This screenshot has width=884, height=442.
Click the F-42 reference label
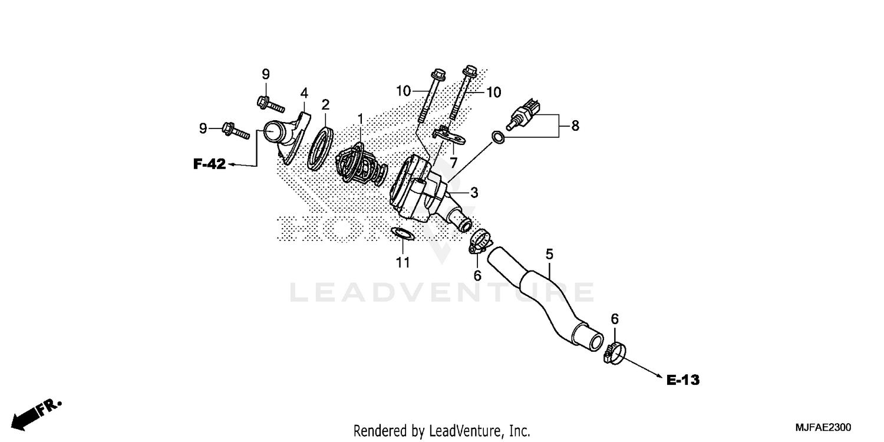coord(209,164)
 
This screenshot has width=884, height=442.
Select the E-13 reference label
coord(683,380)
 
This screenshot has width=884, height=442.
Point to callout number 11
coord(403,262)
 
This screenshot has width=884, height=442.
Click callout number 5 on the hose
coord(549,255)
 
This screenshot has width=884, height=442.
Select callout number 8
coord(575,125)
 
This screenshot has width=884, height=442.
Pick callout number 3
coord(474,192)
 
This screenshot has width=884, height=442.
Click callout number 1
coord(360,119)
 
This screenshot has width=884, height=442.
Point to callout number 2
coord(325,105)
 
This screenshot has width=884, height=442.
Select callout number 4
coord(304,93)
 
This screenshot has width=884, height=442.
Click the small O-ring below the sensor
coord(497,138)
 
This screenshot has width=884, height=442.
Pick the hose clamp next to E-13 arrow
coord(612,353)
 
